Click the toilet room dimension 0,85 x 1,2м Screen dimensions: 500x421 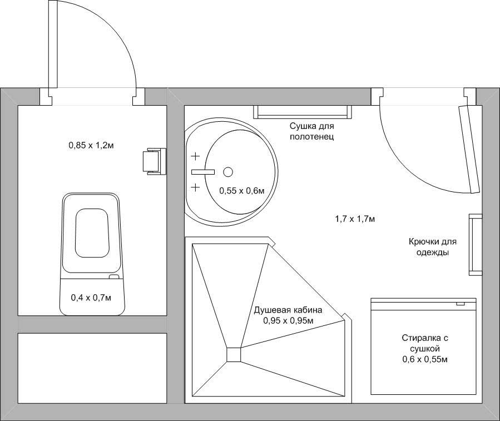point(91,146)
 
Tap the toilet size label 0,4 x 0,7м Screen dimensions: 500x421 point(91,298)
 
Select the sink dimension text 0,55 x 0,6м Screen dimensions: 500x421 point(242,191)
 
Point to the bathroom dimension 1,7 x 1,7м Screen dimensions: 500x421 point(355,219)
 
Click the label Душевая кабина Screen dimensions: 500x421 point(288,310)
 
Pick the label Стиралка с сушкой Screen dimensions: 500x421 point(425,343)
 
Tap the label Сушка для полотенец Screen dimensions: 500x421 point(312,131)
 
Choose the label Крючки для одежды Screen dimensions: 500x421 point(433,247)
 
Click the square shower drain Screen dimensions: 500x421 point(234,354)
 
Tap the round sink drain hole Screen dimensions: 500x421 point(228,172)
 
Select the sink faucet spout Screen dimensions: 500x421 point(203,172)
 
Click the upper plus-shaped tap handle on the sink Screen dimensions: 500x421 point(195,156)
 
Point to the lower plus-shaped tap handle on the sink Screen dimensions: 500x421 point(195,187)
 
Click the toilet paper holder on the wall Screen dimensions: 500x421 point(155,161)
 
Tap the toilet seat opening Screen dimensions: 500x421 point(92,233)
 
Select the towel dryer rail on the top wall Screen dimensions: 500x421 point(303,112)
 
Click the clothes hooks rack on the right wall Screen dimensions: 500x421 point(475,245)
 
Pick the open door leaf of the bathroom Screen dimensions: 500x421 point(469,148)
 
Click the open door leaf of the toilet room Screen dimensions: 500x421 point(53,44)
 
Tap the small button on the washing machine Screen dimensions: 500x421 point(461,304)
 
